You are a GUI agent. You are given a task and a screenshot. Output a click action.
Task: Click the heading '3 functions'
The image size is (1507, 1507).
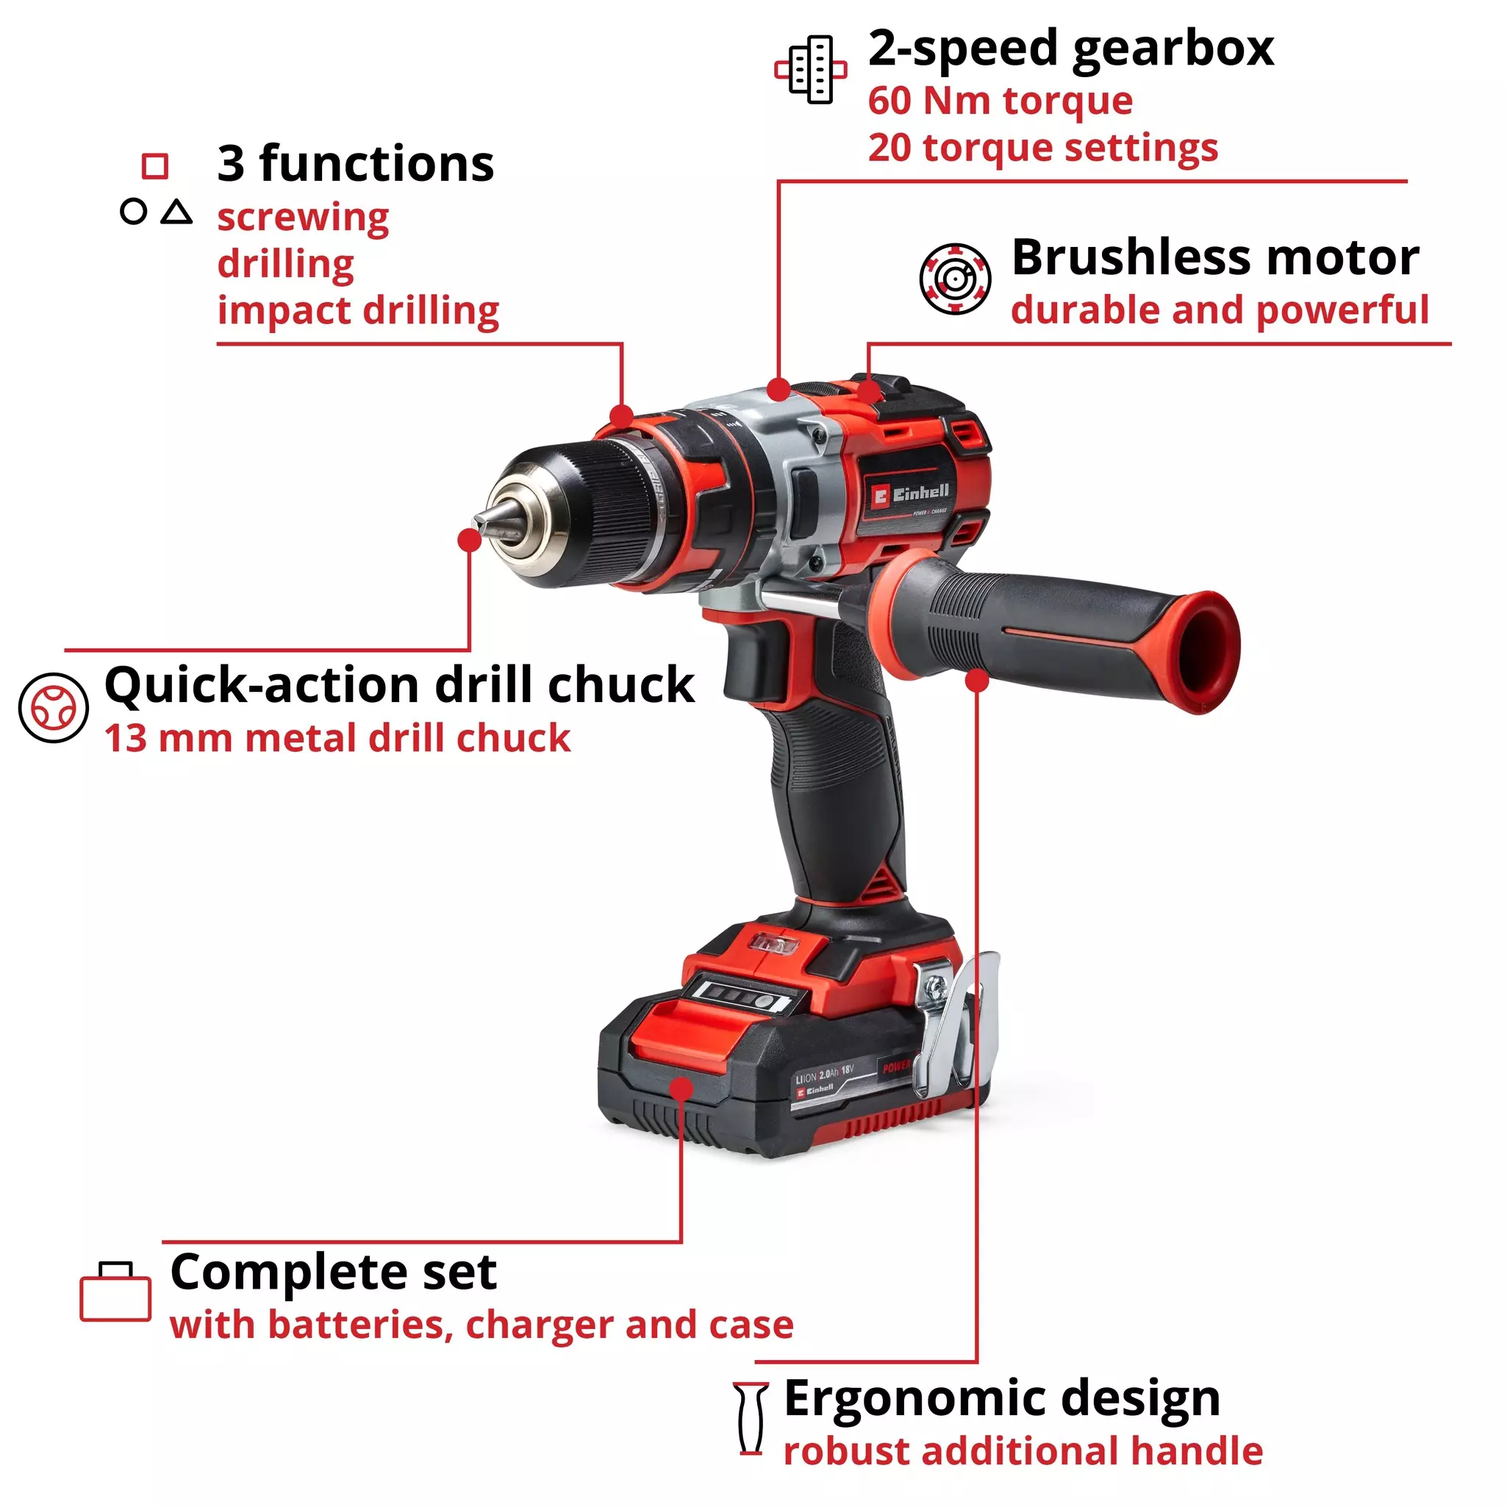pos(355,164)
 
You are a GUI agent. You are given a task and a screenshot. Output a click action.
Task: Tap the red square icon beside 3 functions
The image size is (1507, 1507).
pos(154,166)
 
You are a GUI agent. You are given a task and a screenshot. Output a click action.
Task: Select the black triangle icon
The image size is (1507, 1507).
pos(177,212)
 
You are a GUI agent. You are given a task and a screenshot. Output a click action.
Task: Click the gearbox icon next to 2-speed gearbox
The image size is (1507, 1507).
pos(810,70)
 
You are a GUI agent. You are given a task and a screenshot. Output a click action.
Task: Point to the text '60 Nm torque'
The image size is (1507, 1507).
pos(1000,101)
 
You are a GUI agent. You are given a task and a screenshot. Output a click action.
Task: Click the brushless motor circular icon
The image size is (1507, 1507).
pos(955,279)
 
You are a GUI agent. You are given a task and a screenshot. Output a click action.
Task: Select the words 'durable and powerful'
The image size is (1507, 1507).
pos(1219,309)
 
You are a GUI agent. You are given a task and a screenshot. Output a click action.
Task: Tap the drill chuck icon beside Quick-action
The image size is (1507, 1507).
pos(53,707)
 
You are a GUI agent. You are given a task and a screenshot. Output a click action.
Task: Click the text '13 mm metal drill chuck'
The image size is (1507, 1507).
pos(337,738)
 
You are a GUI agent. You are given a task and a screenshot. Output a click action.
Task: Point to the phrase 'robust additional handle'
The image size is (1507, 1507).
pos(1023,1452)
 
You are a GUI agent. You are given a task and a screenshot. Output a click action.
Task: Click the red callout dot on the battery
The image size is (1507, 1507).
pos(681,1089)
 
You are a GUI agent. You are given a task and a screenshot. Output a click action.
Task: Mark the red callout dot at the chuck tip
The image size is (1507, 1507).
pos(470,540)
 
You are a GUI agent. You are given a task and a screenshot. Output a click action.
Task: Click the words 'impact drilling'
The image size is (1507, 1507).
pos(358,310)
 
